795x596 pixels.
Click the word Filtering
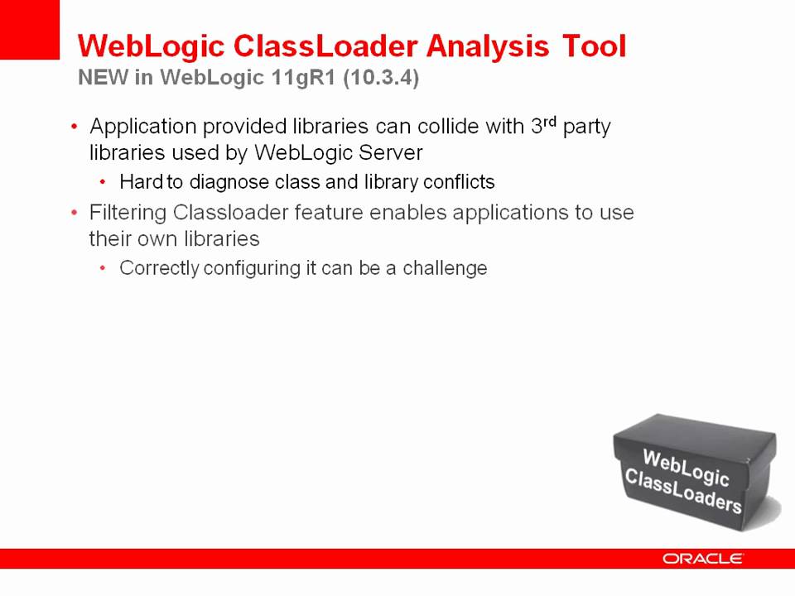pos(128,214)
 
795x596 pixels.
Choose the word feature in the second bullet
pos(329,214)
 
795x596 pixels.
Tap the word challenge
pos(445,269)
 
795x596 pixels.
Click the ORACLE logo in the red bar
pos(703,559)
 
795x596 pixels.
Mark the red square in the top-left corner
pos(30,30)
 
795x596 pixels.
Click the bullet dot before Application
pos(74,127)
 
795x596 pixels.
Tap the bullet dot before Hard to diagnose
pos(103,182)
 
